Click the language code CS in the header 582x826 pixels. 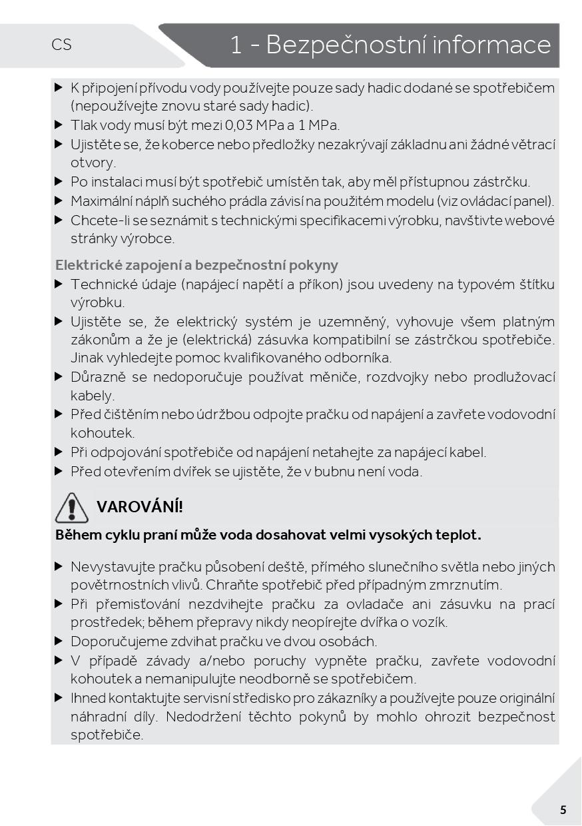coord(61,45)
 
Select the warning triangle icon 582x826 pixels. coord(71,508)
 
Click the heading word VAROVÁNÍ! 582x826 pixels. coord(140,507)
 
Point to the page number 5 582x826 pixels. coord(563,810)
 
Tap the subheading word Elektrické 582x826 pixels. coord(84,265)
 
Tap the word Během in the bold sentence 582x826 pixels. coord(75,535)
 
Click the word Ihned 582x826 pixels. coord(87,698)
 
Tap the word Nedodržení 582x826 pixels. coord(204,717)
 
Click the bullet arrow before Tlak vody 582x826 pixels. coord(59,125)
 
